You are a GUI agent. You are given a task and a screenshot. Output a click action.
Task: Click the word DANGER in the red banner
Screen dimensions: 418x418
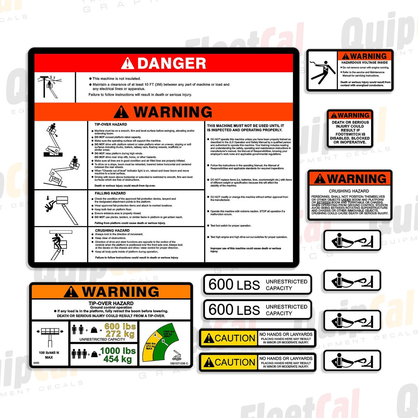point(171,63)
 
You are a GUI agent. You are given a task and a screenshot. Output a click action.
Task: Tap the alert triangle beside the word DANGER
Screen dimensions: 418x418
point(127,63)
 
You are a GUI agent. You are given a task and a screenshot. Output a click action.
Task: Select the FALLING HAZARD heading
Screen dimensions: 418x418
point(110,193)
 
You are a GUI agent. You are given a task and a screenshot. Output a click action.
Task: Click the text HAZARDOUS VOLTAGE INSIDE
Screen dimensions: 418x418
point(364,63)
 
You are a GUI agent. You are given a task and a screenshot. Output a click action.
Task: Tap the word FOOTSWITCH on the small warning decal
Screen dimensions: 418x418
point(350,134)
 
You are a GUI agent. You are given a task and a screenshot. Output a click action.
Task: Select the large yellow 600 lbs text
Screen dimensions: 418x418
point(120,326)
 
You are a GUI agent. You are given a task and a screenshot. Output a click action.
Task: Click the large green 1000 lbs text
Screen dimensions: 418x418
point(118,351)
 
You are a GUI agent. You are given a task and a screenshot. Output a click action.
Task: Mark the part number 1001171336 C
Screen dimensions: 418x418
point(179,363)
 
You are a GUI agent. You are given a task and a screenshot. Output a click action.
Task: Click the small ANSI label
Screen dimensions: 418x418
point(36,363)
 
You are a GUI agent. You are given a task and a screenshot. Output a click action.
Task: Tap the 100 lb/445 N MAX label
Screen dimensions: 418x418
point(49,355)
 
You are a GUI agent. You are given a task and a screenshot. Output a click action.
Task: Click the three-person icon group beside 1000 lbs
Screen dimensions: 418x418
point(79,354)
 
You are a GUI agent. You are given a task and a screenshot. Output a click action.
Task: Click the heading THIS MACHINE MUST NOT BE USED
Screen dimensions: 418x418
point(245,128)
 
